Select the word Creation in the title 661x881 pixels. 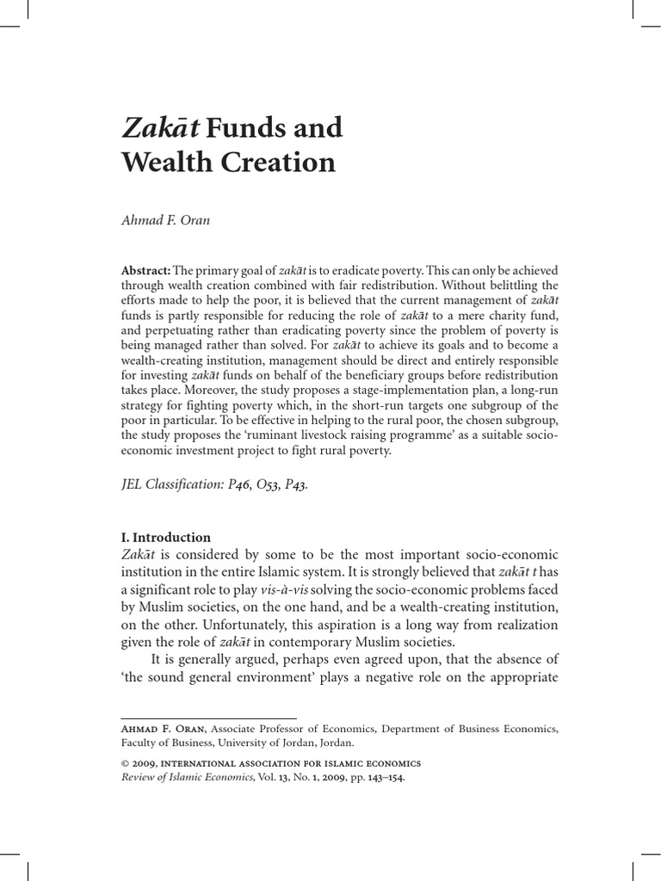point(283,162)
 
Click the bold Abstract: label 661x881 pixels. point(147,270)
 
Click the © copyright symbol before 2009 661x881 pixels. point(125,764)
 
